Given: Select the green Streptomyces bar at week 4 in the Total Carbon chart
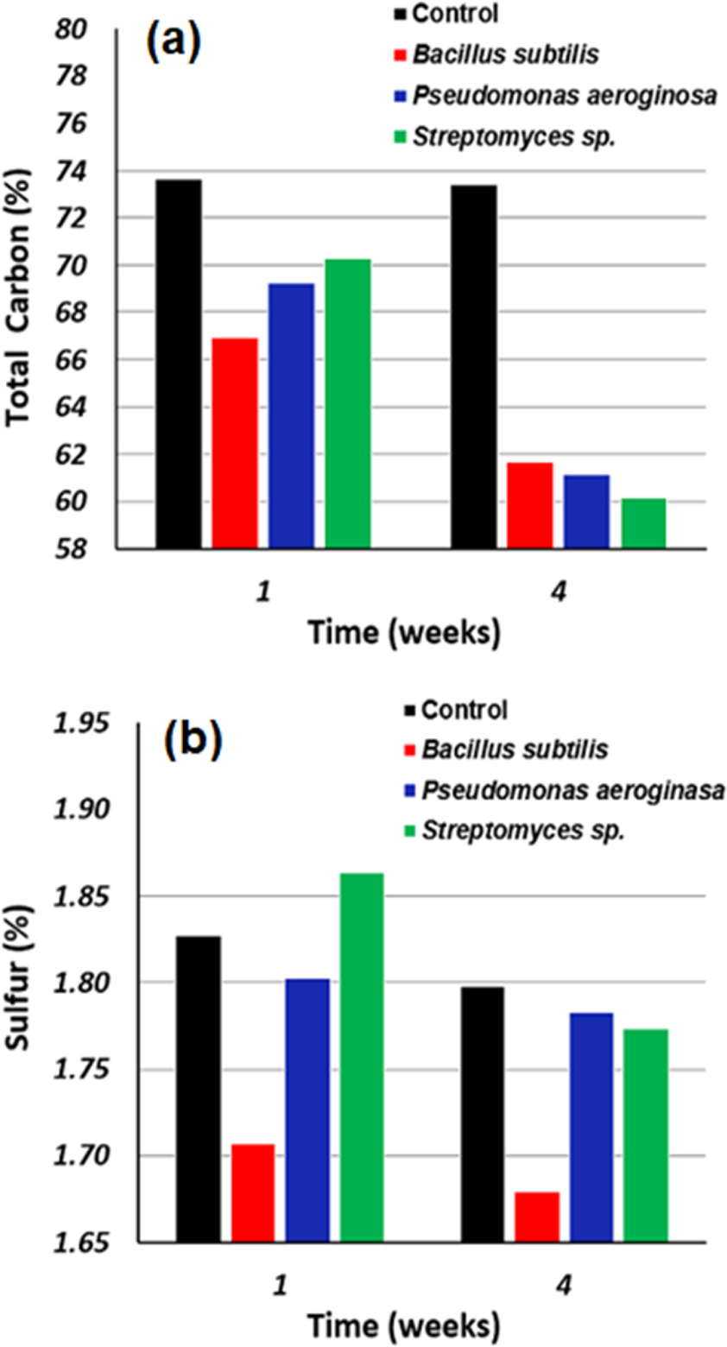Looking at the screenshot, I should pos(642,523).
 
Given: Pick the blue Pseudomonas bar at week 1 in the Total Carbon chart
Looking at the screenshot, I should pos(291,415).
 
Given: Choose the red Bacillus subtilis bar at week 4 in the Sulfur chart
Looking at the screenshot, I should pos(536,1217).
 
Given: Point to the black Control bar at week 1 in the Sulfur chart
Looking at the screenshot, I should pos(198,1088).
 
